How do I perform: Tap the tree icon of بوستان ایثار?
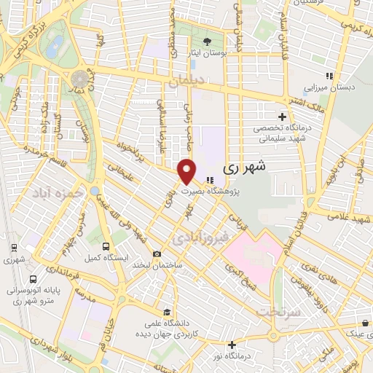click(208, 41)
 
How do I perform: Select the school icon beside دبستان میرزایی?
click(329, 75)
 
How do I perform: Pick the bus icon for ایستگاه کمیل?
click(107, 247)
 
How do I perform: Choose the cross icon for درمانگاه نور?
click(232, 345)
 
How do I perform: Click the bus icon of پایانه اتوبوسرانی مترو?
click(33, 279)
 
